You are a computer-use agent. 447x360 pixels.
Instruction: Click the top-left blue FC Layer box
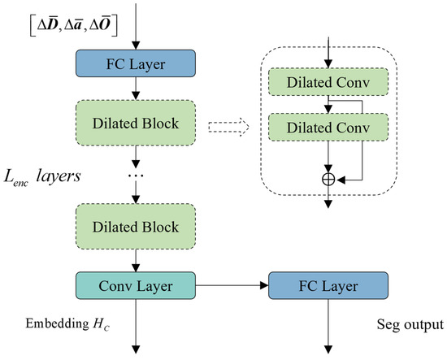[x=136, y=63]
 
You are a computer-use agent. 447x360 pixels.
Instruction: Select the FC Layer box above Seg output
[x=328, y=285]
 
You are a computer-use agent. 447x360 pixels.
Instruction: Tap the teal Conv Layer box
[x=136, y=285]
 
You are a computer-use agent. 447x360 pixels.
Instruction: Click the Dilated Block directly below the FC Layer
[x=136, y=123]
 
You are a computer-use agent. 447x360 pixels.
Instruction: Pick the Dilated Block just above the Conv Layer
[x=136, y=227]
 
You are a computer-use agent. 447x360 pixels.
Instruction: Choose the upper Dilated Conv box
[x=328, y=82]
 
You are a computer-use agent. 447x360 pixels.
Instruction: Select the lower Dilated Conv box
[x=328, y=127]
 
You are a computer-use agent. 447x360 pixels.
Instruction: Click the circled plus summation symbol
[x=328, y=180]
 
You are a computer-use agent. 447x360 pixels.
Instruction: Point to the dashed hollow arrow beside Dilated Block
[x=228, y=127]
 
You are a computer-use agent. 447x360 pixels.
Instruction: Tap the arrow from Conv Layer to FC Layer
[x=232, y=285]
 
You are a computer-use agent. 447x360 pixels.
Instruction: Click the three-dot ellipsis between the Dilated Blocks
[x=136, y=175]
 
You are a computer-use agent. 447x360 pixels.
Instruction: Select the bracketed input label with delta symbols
[x=74, y=26]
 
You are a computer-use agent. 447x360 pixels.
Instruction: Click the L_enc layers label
[x=42, y=177]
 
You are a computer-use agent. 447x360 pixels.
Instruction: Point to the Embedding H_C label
[x=67, y=324]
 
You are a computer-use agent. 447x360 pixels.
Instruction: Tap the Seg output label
[x=410, y=325]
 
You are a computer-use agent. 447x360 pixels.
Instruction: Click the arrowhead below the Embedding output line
[x=136, y=349]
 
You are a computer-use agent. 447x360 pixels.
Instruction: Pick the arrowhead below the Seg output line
[x=328, y=349]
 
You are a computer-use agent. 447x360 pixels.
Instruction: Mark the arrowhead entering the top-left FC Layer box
[x=136, y=46]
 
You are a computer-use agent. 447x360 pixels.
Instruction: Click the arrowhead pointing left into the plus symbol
[x=341, y=180]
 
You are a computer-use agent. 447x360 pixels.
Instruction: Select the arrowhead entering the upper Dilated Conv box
[x=328, y=64]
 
